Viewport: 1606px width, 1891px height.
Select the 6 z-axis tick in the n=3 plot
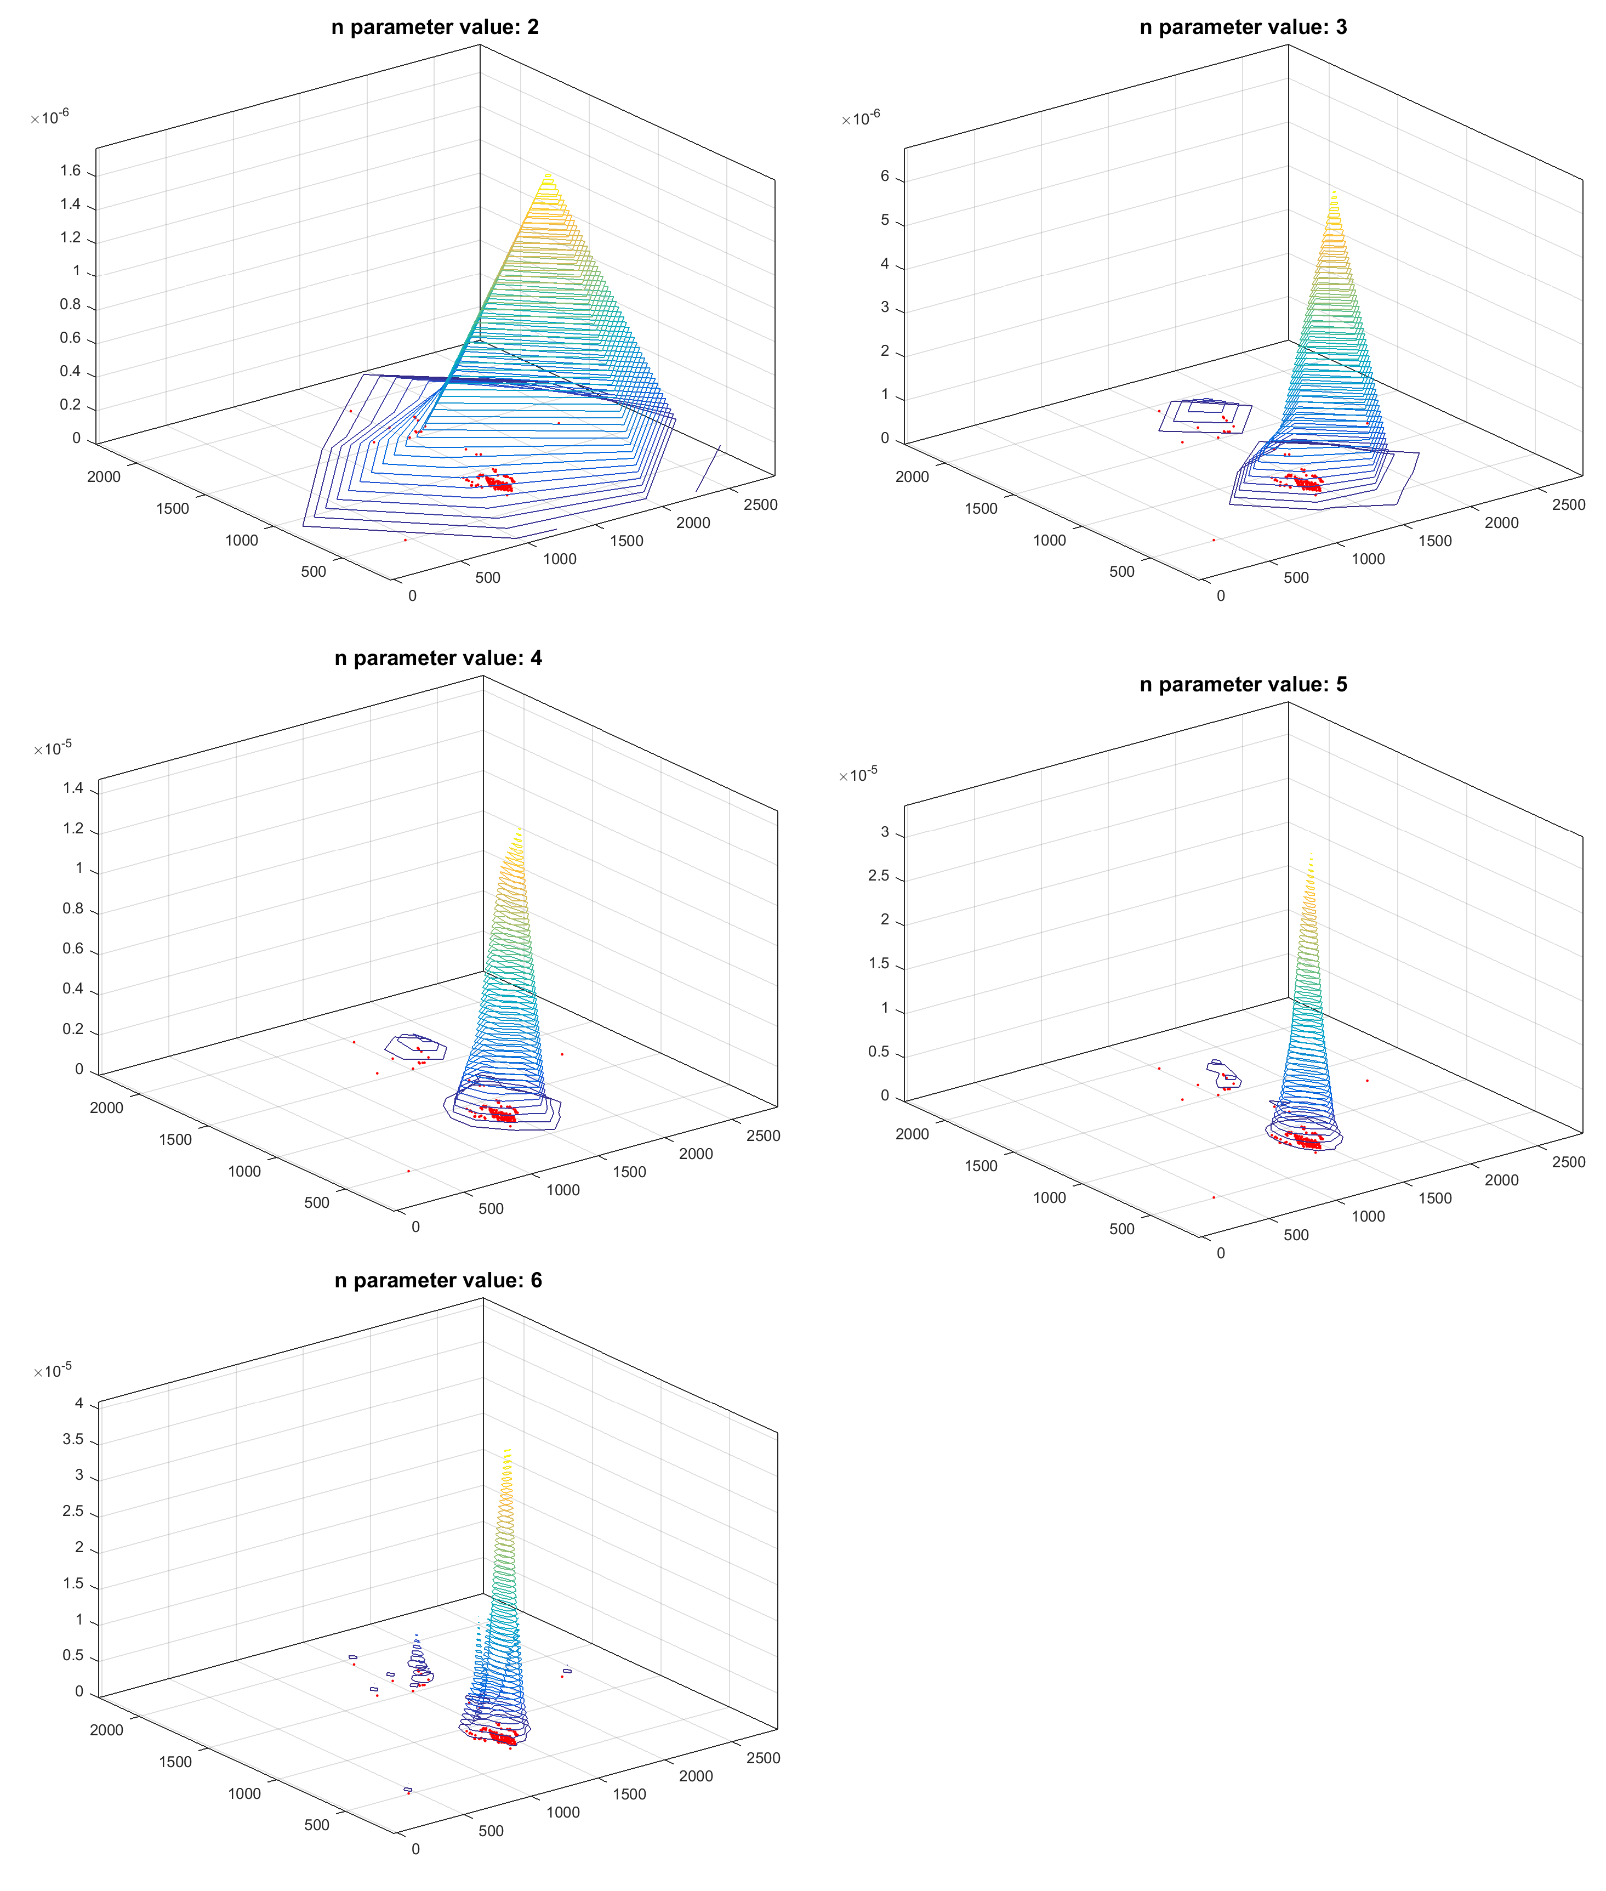pos(884,177)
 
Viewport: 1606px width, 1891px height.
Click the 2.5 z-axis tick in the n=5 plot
pos(879,876)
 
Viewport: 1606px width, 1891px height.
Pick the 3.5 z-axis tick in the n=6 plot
pos(73,1439)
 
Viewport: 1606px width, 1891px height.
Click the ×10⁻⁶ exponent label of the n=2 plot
pos(50,117)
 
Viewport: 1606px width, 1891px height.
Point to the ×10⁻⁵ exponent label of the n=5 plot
pos(858,775)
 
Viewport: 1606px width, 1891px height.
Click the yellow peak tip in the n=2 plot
pos(547,175)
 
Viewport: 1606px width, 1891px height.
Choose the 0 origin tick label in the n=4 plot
pos(415,1226)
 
